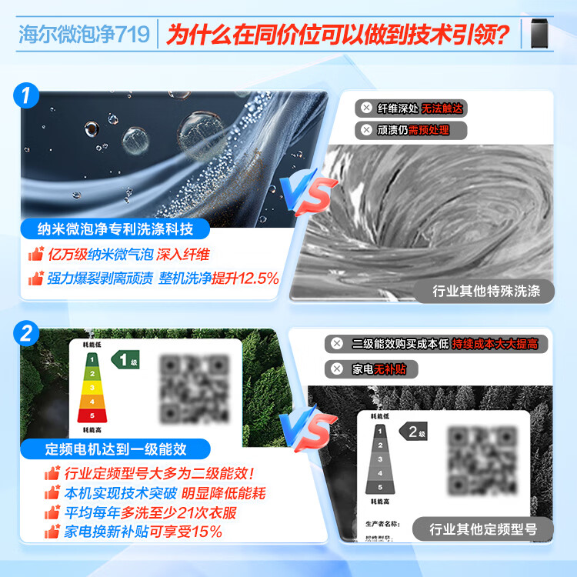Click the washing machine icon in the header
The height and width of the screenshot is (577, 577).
tap(542, 33)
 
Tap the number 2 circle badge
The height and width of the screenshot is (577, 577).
tap(28, 334)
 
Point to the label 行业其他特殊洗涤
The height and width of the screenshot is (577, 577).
tap(487, 291)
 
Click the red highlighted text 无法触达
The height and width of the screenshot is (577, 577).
tap(445, 109)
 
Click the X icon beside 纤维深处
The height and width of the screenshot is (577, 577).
tap(367, 109)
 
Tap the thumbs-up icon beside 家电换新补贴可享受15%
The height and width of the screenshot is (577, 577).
tap(53, 532)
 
